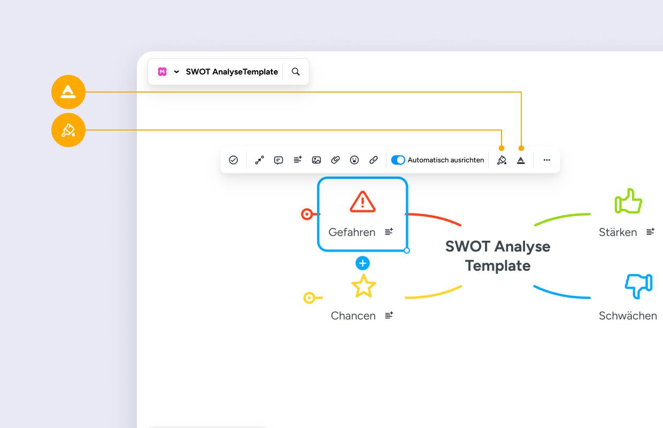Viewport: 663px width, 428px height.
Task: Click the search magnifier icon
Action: click(295, 72)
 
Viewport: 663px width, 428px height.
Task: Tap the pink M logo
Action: click(162, 72)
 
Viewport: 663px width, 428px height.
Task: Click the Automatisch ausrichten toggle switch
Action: click(398, 160)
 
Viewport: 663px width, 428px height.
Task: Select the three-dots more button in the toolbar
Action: click(546, 160)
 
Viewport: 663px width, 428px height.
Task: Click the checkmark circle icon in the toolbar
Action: click(233, 160)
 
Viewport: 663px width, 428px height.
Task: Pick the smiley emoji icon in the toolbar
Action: click(354, 160)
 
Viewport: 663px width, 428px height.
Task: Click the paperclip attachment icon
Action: click(335, 160)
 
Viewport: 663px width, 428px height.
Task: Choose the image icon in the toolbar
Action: click(317, 160)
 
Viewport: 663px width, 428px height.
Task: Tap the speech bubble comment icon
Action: click(279, 160)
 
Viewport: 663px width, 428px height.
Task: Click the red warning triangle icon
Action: click(363, 202)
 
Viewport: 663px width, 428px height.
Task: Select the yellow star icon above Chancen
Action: click(364, 286)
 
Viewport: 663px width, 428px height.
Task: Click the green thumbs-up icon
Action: click(628, 201)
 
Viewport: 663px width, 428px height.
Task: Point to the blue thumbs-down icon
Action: click(639, 286)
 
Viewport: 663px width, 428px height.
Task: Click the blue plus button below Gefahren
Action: click(363, 263)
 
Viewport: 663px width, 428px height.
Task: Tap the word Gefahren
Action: click(352, 232)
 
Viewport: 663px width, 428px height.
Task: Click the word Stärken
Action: click(618, 232)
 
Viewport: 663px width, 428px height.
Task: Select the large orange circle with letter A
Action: click(68, 92)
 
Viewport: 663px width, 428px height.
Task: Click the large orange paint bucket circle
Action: click(68, 130)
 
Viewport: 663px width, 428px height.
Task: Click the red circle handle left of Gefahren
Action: click(307, 214)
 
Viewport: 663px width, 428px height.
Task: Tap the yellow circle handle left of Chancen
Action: click(309, 297)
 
